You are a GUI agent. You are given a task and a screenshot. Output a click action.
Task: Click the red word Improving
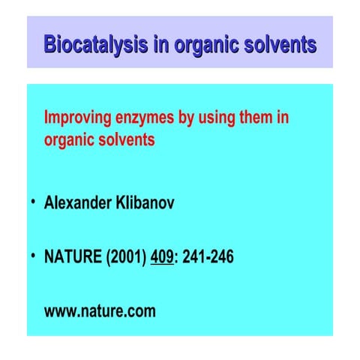77,118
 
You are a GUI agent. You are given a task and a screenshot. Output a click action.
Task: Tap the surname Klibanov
145,203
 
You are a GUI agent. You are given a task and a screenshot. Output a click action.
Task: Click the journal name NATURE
73,257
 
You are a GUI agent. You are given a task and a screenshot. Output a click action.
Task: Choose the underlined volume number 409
162,257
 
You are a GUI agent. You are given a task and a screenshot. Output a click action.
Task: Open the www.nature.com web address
100,311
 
